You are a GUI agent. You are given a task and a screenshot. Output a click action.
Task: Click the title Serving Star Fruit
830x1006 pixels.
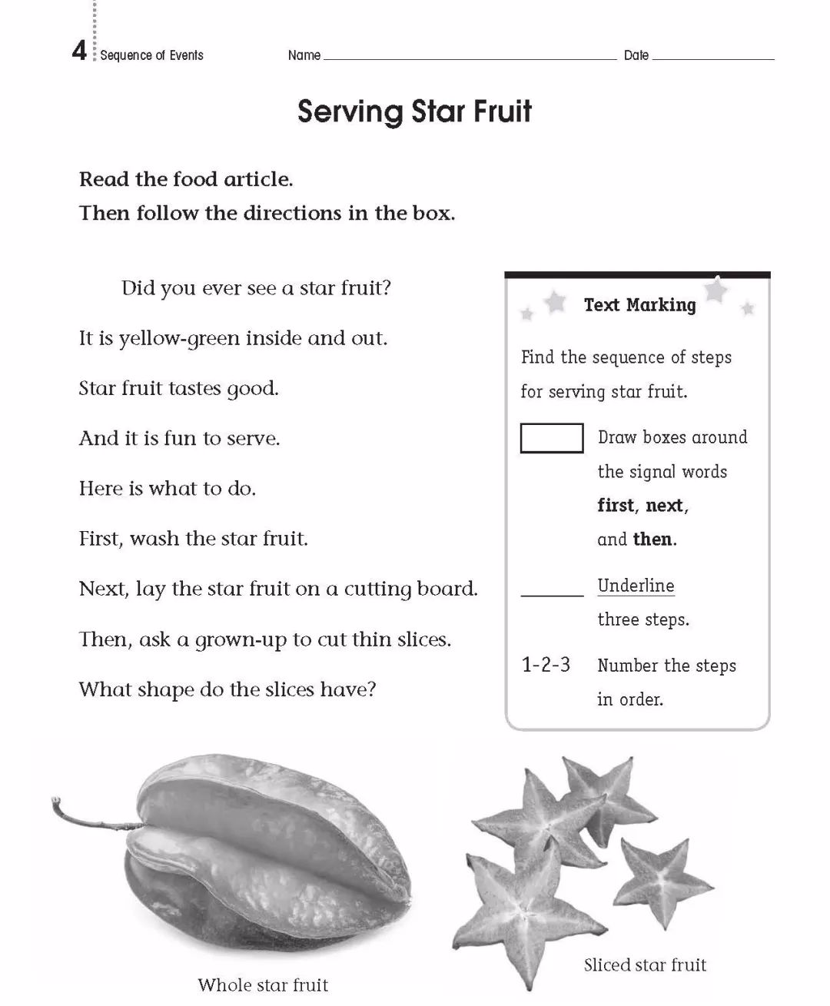(414, 111)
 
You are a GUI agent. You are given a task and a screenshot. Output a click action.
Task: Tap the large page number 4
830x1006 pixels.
(79, 51)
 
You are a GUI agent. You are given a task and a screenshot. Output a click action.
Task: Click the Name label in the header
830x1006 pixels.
(304, 55)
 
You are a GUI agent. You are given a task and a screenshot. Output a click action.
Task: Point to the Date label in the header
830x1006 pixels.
(636, 55)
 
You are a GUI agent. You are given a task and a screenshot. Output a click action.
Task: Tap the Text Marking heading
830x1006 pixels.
(639, 305)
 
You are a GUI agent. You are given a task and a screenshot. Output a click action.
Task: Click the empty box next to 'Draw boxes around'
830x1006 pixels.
(551, 438)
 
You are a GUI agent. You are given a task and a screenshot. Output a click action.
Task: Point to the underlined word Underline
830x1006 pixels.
(636, 586)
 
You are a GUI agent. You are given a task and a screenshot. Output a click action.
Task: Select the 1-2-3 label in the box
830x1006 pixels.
(546, 665)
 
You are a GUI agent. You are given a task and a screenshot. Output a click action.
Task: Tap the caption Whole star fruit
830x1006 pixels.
(263, 984)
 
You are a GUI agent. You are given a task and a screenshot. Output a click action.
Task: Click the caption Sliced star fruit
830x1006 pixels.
(645, 964)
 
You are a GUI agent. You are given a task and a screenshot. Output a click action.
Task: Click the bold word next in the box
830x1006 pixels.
(665, 506)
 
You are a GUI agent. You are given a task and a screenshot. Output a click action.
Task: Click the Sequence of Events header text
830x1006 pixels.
(151, 55)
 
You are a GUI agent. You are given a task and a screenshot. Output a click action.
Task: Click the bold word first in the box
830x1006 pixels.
(616, 506)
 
